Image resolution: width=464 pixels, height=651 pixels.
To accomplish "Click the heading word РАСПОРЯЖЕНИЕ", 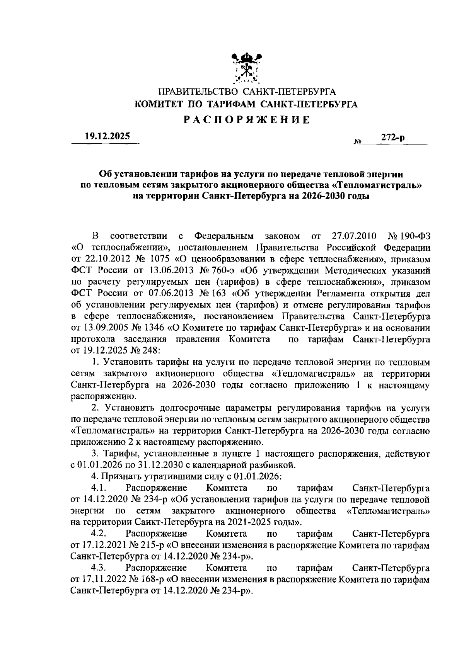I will click(246, 120).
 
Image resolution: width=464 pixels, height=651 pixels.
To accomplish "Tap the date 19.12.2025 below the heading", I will click(107, 136).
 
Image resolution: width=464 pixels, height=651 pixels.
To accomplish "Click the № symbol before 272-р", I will click(357, 142).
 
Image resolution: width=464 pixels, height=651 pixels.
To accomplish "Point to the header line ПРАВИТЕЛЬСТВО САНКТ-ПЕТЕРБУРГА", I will click(247, 92).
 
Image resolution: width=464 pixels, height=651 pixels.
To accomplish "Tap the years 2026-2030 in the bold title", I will click(322, 196).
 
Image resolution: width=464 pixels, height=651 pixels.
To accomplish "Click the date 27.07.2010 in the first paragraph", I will click(351, 236).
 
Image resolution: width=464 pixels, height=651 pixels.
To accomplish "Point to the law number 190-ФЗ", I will click(416, 236).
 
